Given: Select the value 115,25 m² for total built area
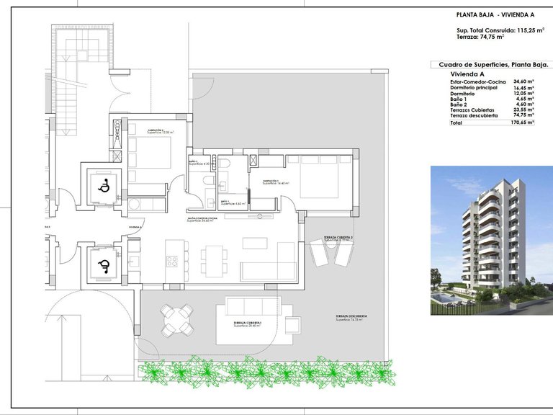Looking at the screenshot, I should pos(528,30).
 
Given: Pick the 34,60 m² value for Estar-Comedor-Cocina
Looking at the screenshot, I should pos(523,82).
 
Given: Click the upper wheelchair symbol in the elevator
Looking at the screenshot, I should pos(103,186).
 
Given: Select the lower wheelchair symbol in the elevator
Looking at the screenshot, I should pos(103,266).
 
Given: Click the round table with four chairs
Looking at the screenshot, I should pos(176,318).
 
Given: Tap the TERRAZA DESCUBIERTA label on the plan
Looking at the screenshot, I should pos(351,316).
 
